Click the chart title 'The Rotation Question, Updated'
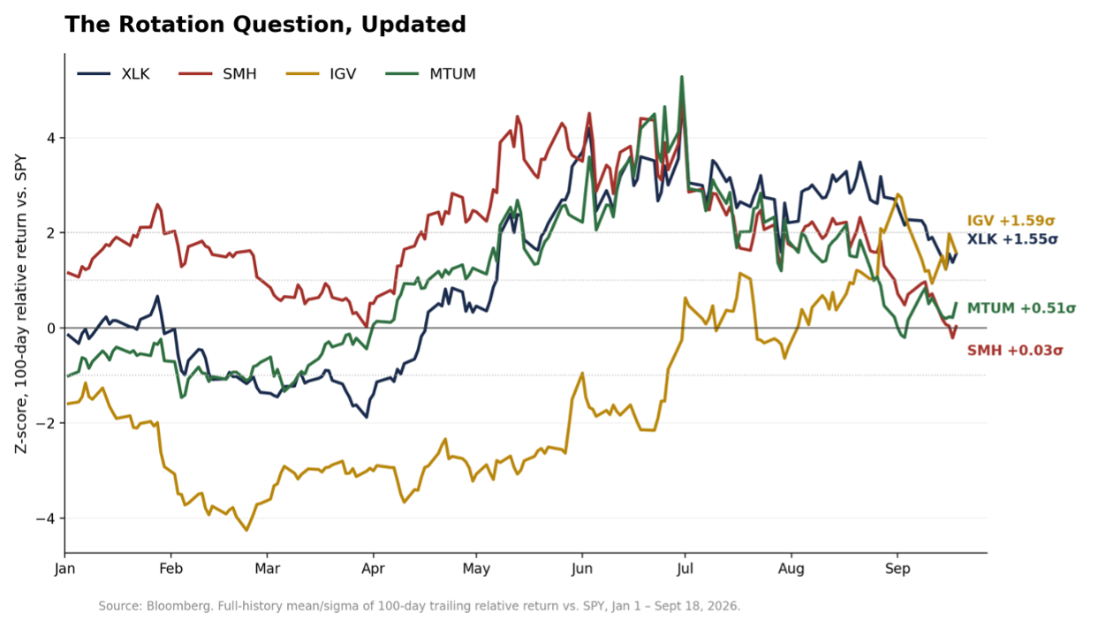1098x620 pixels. point(265,25)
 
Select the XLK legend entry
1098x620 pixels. point(113,74)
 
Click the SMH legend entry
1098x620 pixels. point(217,74)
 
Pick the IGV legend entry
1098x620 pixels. point(321,74)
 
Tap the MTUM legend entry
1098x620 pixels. point(430,74)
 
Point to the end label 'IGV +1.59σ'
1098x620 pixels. point(1011,221)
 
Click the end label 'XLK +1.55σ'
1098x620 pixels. point(1012,239)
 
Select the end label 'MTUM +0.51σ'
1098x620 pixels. point(1021,308)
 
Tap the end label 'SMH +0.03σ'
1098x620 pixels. point(1015,351)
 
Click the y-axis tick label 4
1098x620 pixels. point(51,138)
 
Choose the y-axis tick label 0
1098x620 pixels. point(51,328)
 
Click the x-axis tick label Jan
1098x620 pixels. point(64,569)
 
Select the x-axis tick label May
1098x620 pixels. point(476,569)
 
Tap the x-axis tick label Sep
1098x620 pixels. point(897,569)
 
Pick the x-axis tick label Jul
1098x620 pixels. point(685,569)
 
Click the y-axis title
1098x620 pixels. point(20,304)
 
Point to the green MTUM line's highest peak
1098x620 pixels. point(682,77)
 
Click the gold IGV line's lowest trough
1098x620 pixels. point(246,530)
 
